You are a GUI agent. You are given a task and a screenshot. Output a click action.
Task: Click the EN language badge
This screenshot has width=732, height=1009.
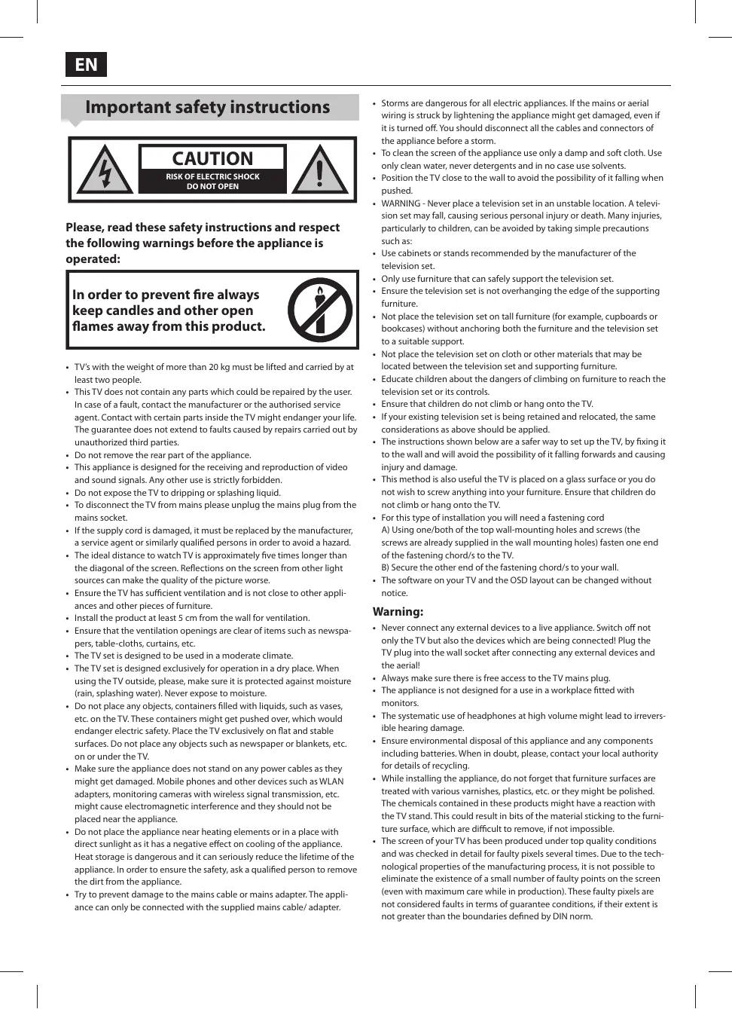coord(86,65)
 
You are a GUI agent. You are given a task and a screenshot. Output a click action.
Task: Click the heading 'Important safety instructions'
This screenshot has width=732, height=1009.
coord(207,107)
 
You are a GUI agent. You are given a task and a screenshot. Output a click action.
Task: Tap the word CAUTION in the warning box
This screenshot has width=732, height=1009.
coord(212,158)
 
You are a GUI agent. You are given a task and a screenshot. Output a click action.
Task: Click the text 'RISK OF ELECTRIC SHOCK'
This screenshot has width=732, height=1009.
coord(212,176)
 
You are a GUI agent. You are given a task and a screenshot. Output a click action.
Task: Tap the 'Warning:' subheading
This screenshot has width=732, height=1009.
coord(398,612)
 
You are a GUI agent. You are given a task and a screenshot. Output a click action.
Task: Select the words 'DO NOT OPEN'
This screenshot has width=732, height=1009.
coord(212,186)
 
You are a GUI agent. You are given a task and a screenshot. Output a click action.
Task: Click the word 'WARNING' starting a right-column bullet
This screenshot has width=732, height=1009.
coord(401,203)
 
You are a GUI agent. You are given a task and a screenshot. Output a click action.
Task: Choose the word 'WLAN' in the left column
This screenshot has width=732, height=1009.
coord(331,781)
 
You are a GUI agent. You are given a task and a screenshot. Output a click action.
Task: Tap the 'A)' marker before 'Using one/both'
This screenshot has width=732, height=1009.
coord(386,530)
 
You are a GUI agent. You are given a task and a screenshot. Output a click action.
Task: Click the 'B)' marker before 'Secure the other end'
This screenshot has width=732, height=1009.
coord(386,567)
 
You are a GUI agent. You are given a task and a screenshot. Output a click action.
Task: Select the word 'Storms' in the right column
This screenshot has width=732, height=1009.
coord(395,103)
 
